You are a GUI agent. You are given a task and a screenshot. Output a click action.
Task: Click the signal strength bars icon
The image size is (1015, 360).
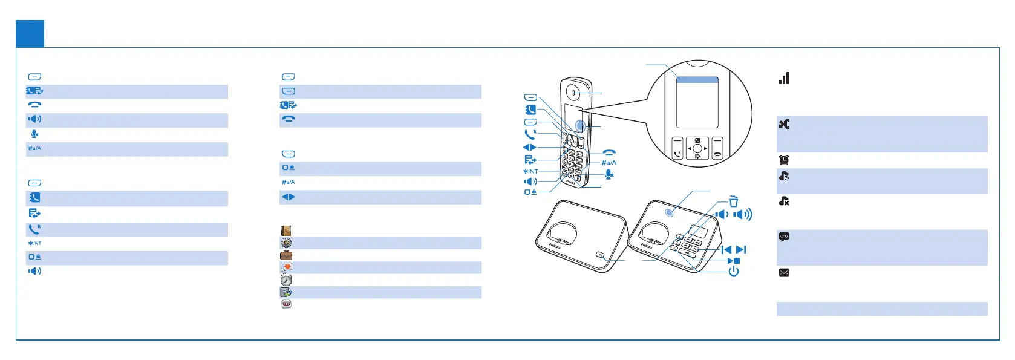click(x=784, y=78)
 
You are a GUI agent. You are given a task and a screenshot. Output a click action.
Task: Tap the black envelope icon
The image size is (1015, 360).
click(x=784, y=272)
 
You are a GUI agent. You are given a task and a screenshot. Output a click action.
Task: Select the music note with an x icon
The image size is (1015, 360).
click(x=784, y=201)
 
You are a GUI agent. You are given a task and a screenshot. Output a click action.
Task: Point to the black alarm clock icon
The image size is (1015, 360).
click(x=784, y=160)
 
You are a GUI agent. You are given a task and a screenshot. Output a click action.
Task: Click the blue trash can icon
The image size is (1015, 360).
click(x=733, y=201)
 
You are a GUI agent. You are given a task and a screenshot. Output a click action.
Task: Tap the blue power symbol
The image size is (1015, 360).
click(x=733, y=271)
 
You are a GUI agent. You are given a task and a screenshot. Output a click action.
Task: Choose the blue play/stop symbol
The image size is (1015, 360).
click(x=733, y=261)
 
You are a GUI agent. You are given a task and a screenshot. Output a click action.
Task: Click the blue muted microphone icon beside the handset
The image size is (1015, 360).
click(x=609, y=174)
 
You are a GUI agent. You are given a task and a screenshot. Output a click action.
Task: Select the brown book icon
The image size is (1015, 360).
click(x=286, y=231)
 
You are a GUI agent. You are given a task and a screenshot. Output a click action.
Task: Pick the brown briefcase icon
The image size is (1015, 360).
click(x=286, y=255)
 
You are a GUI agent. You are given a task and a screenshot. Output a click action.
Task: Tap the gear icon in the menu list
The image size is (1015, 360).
click(x=286, y=243)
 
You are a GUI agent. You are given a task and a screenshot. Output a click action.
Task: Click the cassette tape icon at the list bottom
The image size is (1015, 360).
click(x=286, y=304)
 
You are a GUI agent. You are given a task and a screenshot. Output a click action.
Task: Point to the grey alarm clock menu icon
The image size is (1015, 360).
click(x=286, y=280)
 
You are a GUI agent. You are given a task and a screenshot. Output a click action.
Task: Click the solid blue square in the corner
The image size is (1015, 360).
click(x=30, y=33)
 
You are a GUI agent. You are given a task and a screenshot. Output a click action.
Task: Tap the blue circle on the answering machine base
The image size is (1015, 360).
click(x=670, y=212)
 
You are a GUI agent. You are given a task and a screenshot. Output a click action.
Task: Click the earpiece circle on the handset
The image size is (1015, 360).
click(x=574, y=93)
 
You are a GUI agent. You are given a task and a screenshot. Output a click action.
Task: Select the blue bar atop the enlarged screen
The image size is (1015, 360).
click(x=697, y=80)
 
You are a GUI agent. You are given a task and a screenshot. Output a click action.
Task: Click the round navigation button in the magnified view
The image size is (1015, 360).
click(x=697, y=148)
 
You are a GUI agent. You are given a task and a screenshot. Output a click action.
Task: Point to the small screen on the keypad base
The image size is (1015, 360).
click(x=698, y=231)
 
